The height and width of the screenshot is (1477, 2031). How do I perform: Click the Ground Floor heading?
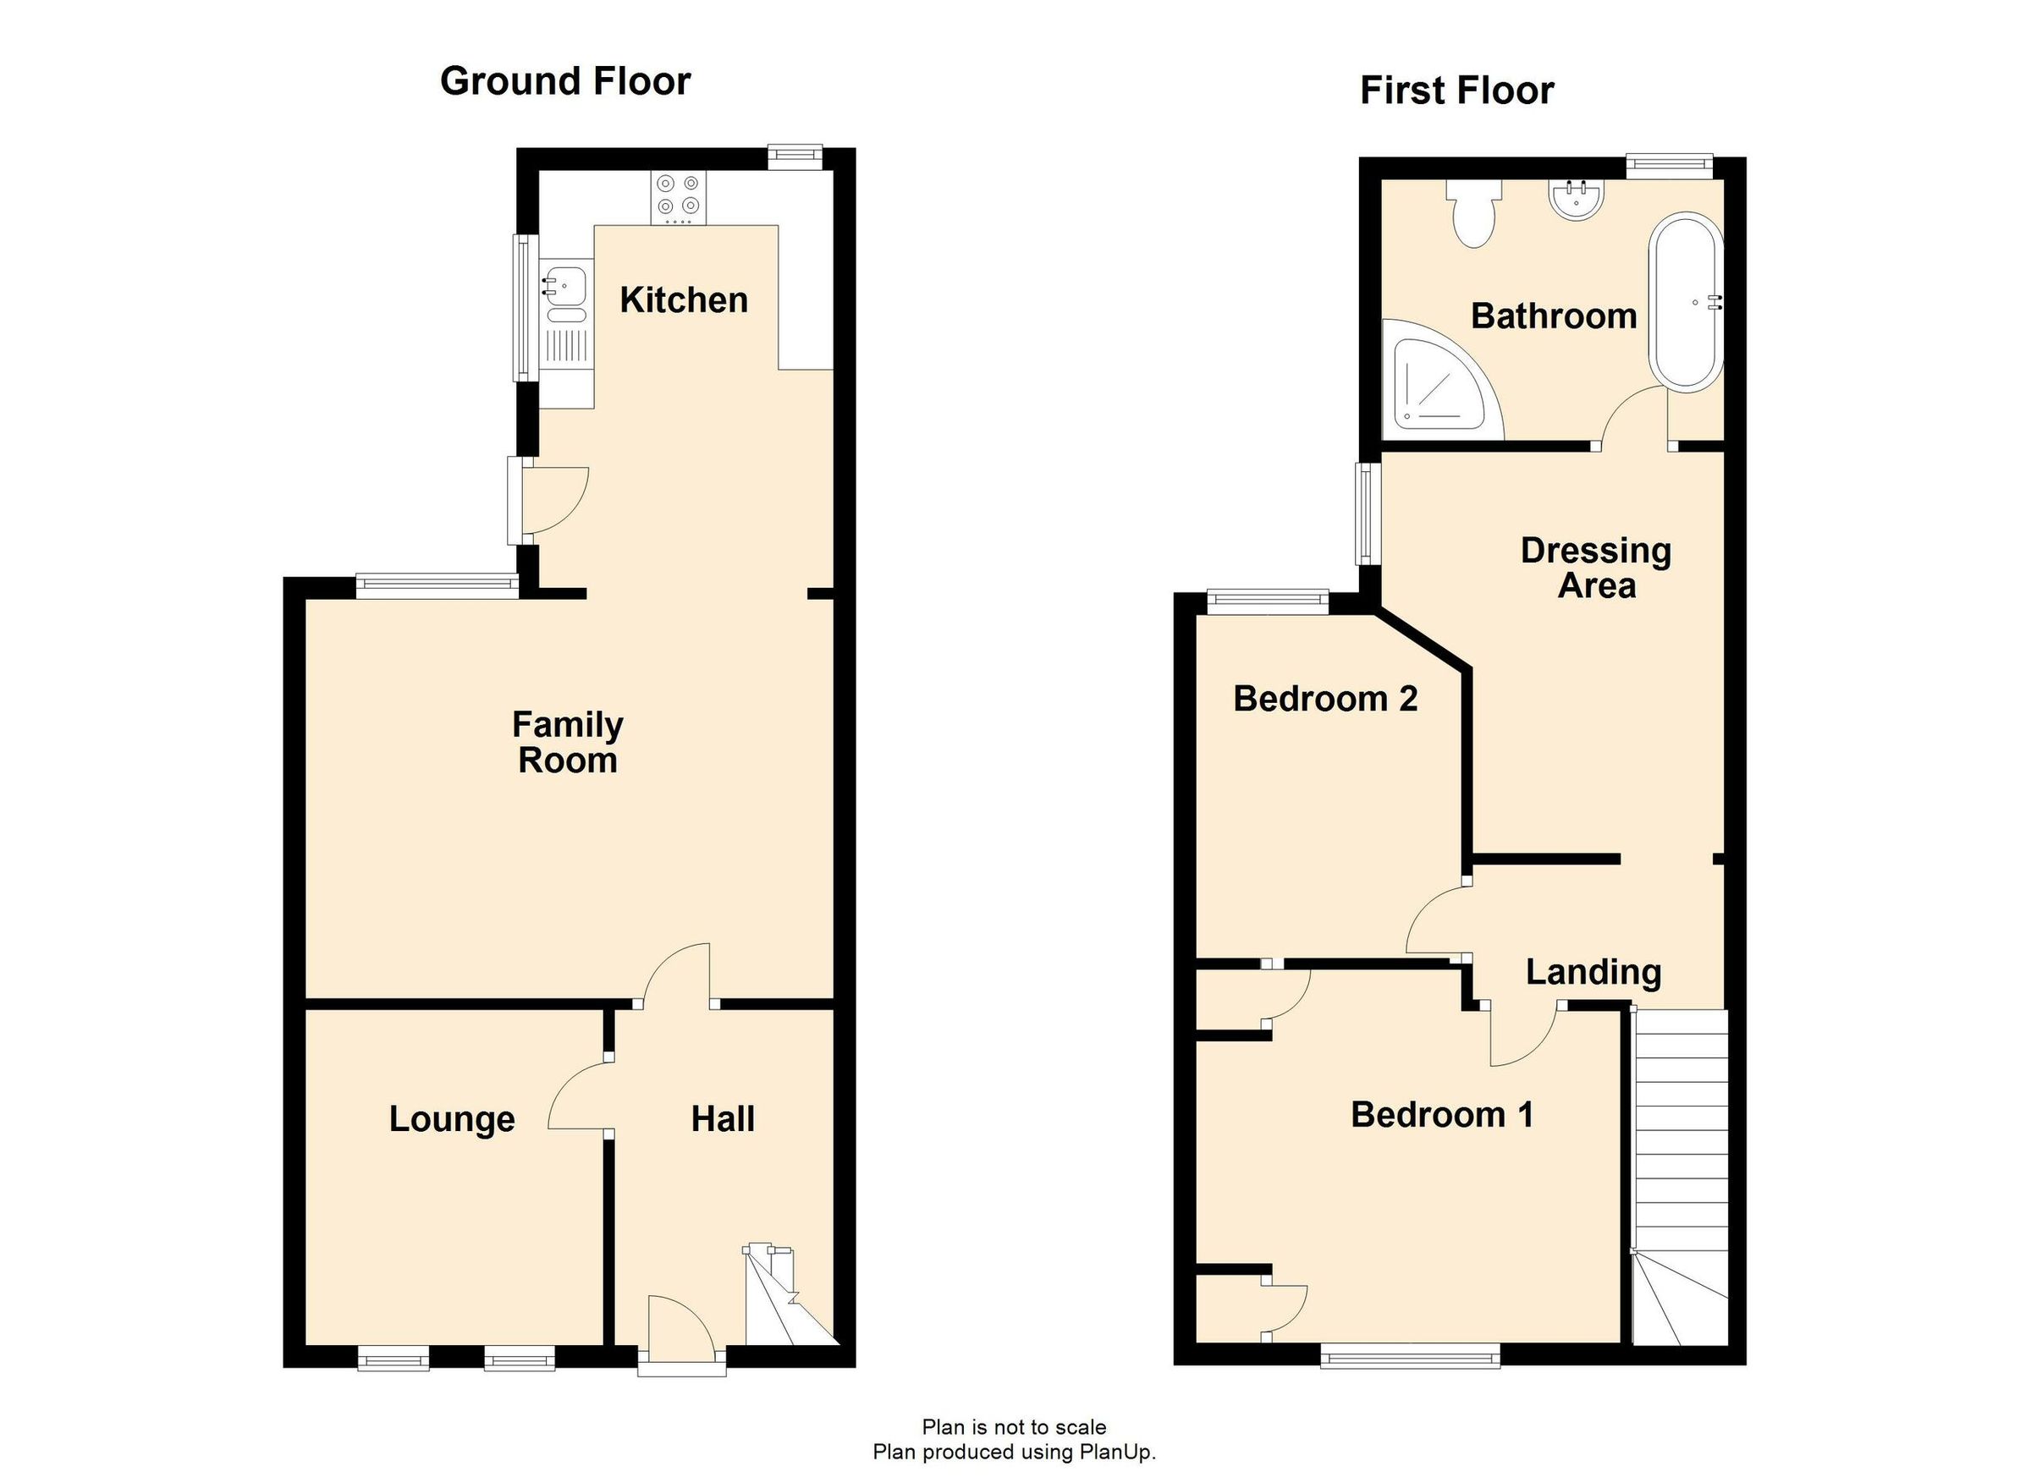pos(565,81)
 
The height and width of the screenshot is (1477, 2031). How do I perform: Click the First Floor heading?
pos(1456,91)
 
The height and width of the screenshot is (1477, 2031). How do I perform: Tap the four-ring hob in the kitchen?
pos(678,196)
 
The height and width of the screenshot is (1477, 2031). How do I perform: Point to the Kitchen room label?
pos(683,299)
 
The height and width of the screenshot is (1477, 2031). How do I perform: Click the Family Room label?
pos(567,742)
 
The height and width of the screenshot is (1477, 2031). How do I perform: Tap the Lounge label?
pos(451,1119)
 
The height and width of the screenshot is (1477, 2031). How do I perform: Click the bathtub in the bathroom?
pos(1687,302)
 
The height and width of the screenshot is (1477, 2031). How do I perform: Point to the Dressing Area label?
pos(1596,568)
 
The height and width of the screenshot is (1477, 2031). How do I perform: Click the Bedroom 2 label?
pos(1324,698)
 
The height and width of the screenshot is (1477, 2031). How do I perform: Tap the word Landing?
pos(1593,972)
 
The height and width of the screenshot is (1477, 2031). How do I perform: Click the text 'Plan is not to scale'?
pos(1014,1427)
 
